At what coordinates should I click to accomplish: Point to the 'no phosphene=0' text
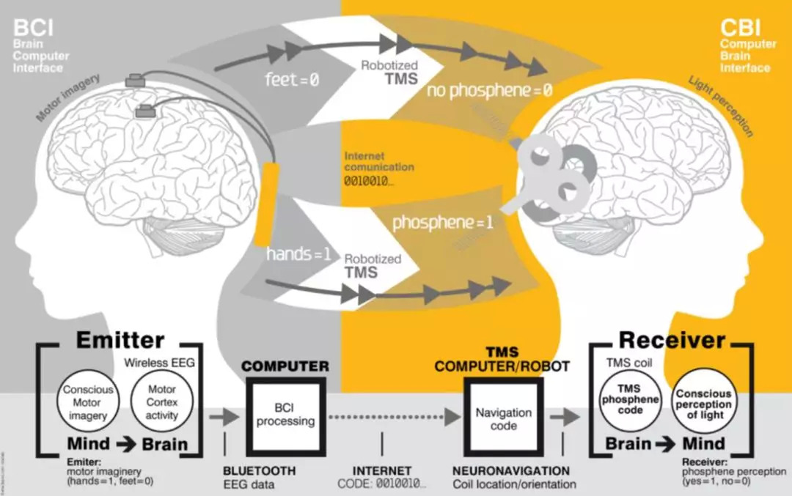pos(490,90)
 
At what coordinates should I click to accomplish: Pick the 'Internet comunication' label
pos(378,162)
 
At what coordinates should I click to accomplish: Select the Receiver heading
pos(672,340)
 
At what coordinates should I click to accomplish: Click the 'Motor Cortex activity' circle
pos(161,403)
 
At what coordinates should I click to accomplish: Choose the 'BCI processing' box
pos(285,415)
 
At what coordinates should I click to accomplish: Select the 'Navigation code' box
pos(503,418)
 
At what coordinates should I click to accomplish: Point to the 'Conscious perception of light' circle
pos(703,404)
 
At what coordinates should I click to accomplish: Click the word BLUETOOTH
pos(259,470)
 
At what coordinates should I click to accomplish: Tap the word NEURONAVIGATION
pos(511,470)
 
